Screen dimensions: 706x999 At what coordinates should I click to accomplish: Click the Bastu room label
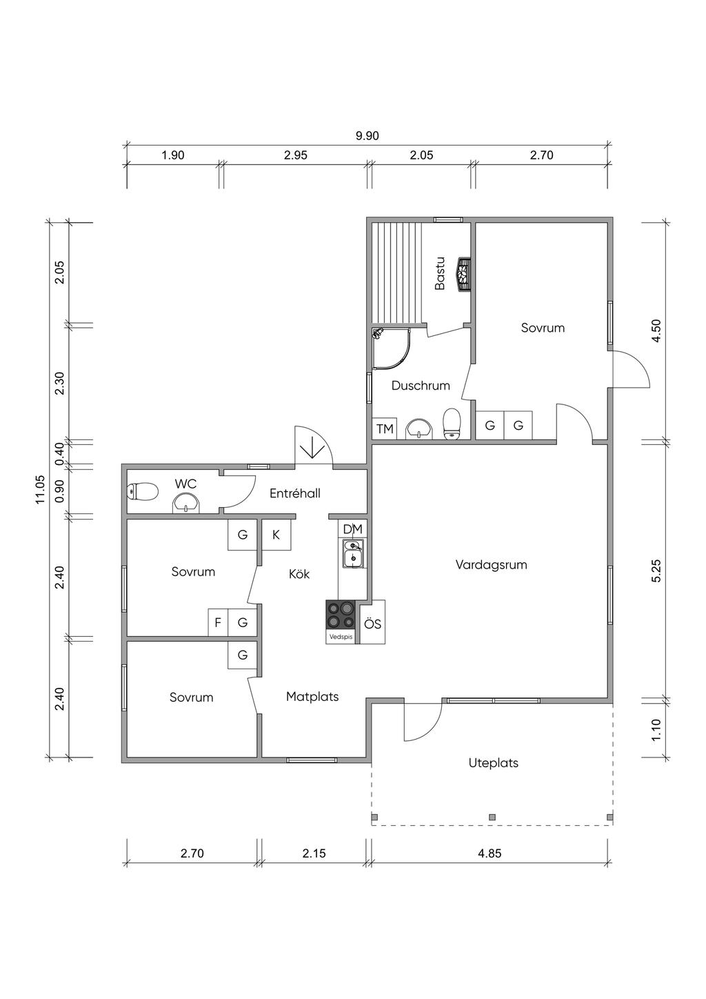point(439,273)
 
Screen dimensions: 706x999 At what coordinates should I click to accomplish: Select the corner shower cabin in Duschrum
point(391,348)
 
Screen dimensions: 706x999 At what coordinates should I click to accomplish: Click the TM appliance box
point(385,428)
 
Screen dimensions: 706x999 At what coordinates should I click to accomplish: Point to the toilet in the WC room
point(143,492)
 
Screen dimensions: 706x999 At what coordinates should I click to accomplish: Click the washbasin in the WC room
point(186,504)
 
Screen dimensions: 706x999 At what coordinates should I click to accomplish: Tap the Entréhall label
point(295,493)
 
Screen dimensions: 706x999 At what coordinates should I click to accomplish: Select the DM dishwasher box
point(352,529)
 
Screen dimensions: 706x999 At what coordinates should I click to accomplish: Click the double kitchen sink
point(353,553)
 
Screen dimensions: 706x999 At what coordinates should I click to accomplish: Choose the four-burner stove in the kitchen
point(341,615)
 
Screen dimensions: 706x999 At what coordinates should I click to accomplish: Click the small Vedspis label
point(341,637)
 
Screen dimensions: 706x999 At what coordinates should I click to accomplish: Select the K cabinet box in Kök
point(276,535)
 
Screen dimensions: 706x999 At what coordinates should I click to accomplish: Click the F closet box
point(218,622)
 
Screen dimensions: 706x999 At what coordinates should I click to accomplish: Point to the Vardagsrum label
point(491,564)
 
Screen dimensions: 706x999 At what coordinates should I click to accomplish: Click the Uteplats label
point(494,762)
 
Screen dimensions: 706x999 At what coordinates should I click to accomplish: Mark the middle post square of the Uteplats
point(492,817)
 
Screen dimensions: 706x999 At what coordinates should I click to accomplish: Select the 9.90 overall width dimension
point(367,136)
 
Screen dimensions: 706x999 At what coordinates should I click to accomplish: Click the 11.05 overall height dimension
point(40,489)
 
